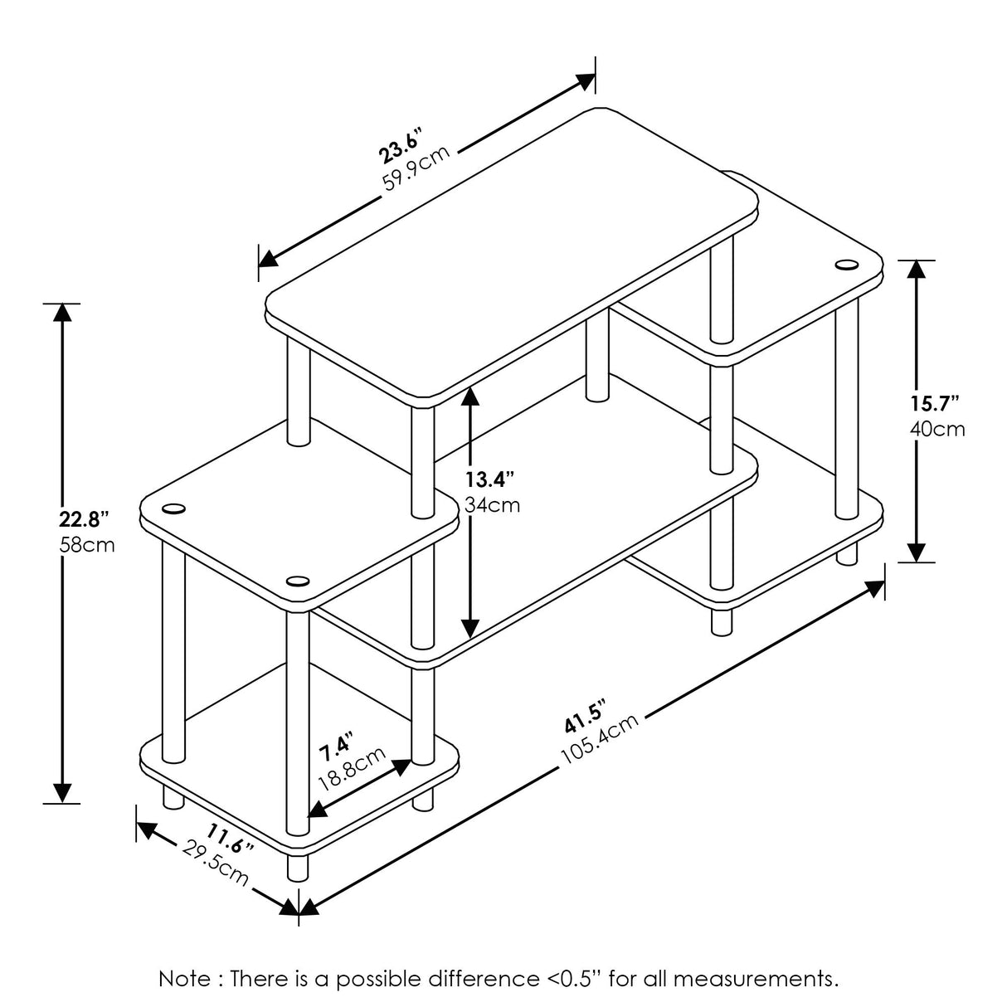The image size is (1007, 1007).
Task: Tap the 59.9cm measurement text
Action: (417, 169)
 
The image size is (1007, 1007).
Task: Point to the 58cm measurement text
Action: (87, 546)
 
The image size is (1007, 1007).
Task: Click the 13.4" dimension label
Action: (489, 479)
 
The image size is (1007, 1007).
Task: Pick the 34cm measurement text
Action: (493, 504)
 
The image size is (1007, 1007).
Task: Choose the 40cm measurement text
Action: (938, 429)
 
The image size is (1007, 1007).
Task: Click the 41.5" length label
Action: (586, 716)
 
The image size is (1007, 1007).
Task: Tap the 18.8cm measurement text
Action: (352, 769)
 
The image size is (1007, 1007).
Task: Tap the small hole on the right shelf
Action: (846, 265)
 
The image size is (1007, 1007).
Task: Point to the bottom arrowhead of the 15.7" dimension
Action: (916, 552)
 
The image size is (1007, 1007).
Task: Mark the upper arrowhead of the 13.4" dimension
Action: (470, 398)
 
